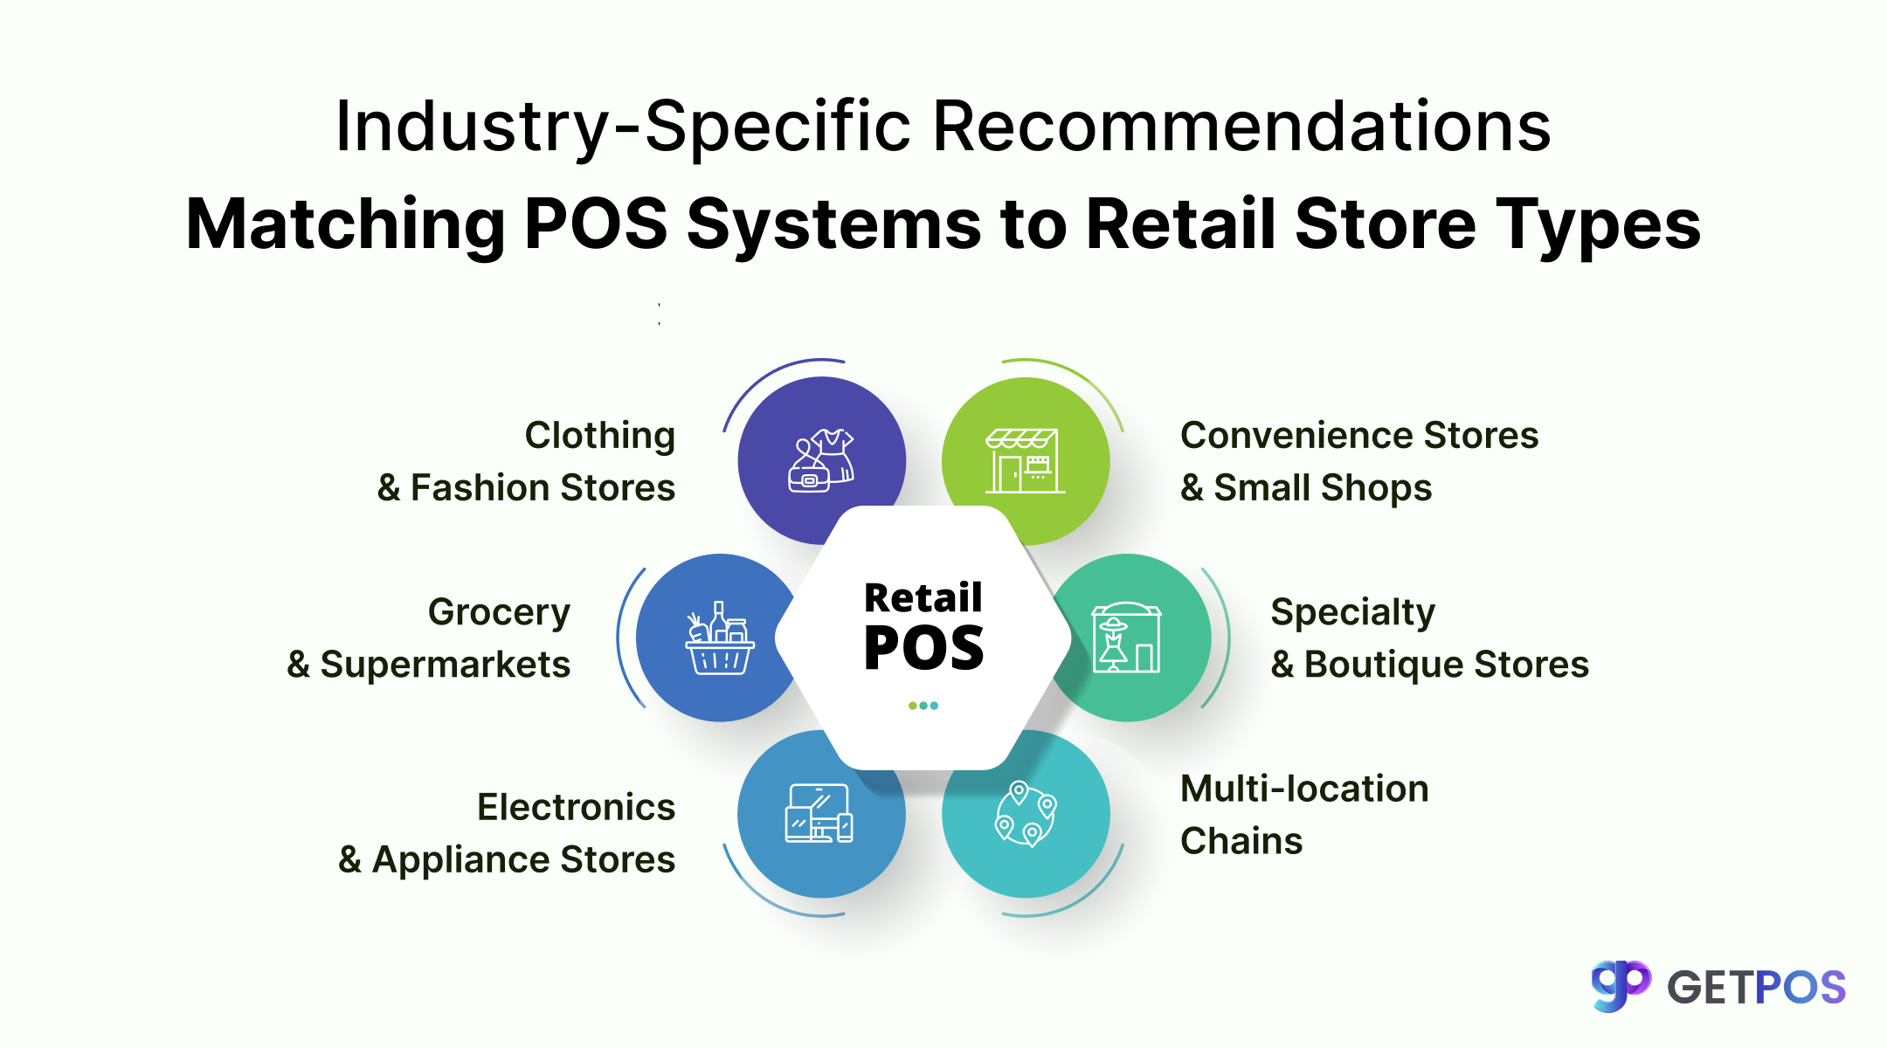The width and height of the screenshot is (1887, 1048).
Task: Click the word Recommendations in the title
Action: [1241, 127]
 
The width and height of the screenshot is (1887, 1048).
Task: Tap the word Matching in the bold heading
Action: [346, 224]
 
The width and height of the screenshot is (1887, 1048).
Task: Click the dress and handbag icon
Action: [821, 460]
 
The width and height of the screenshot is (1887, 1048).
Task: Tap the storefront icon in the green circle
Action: [1025, 460]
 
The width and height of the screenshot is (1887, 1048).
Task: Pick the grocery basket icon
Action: [719, 638]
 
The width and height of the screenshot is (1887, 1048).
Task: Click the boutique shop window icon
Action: [1126, 638]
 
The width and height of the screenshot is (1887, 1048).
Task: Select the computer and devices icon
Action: [819, 814]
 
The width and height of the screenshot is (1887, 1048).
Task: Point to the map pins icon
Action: [1026, 814]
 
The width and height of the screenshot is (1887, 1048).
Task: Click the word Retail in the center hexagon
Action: [923, 598]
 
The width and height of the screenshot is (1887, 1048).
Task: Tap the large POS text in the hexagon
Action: [923, 649]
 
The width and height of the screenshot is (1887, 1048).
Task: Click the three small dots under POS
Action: [923, 706]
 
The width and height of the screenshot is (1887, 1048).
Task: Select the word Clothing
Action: [599, 435]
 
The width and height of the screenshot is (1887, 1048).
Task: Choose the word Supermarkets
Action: [446, 665]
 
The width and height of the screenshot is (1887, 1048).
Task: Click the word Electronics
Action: [576, 807]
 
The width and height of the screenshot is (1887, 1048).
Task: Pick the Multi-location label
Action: [1304, 789]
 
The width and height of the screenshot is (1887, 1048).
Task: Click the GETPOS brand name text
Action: [1756, 988]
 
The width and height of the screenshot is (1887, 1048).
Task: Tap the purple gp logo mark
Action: [1621, 985]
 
